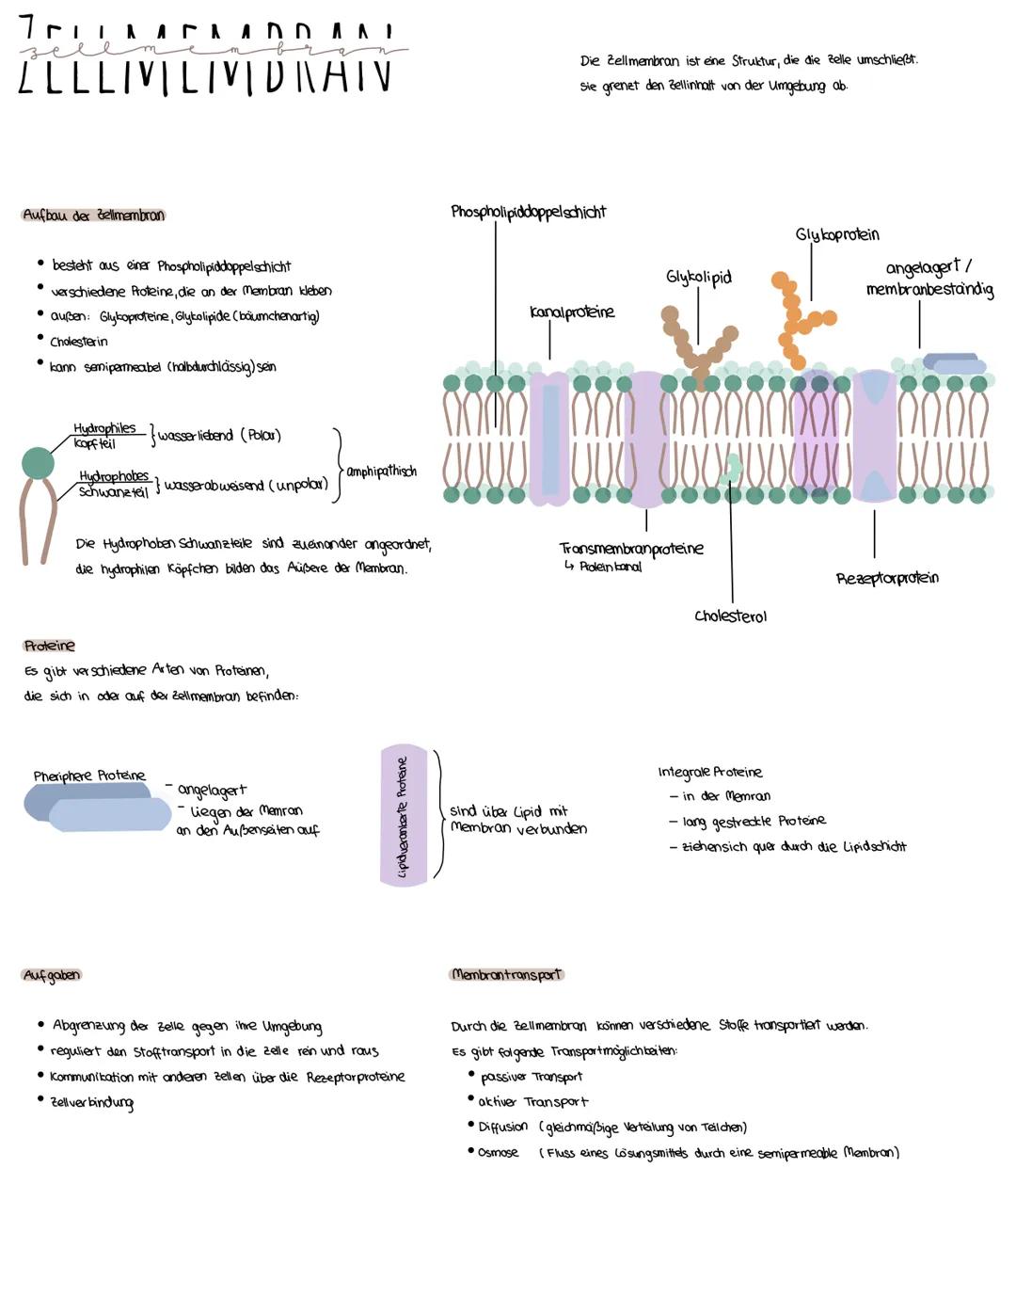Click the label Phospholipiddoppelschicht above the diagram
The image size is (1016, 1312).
pos(528,212)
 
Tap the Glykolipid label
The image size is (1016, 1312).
pos(698,277)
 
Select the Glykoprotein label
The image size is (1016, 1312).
pos(836,234)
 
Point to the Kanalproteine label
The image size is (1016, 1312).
pos(571,312)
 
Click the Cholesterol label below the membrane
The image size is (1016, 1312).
pos(730,616)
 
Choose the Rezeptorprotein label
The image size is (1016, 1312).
pos(886,578)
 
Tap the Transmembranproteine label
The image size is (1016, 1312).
pos(630,548)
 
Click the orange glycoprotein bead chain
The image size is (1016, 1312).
pos(795,320)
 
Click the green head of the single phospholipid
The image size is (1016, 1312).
pos(38,463)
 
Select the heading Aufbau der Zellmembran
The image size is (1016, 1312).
pos(93,216)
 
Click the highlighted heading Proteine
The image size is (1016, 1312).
pos(49,646)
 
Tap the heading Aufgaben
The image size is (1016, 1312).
pos(52,975)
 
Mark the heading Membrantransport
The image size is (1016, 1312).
pos(506,974)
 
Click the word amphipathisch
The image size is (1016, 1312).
pos(381,471)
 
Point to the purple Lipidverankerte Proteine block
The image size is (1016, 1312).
pos(404,815)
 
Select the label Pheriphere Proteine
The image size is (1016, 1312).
pos(89,776)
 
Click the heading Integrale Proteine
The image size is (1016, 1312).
pos(709,772)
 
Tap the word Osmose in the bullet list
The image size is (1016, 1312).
pos(498,1152)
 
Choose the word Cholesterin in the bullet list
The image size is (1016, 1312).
pos(79,342)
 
